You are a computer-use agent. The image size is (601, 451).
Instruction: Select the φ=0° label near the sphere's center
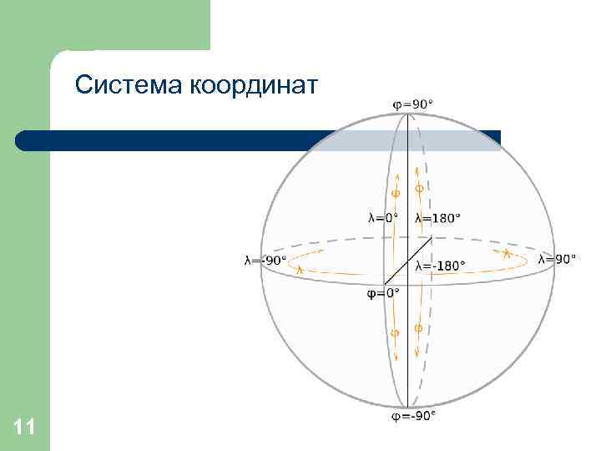point(384,293)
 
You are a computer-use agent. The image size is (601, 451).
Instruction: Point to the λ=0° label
point(383,218)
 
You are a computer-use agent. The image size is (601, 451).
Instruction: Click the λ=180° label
point(437,218)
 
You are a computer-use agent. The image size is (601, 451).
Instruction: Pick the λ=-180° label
point(440,266)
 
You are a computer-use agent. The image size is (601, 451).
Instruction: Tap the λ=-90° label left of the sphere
point(265,260)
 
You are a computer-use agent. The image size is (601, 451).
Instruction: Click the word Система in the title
point(129,84)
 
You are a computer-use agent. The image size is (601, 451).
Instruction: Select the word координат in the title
point(254,84)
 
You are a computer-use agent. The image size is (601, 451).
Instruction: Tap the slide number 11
point(24,428)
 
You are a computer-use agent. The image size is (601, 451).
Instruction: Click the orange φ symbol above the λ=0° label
point(396,193)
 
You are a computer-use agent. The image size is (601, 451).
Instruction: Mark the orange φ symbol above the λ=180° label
point(419,190)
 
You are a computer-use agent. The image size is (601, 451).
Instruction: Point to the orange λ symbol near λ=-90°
point(300,269)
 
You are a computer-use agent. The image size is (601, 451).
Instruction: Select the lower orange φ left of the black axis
point(396,333)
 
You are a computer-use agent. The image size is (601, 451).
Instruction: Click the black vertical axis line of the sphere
point(407,351)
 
